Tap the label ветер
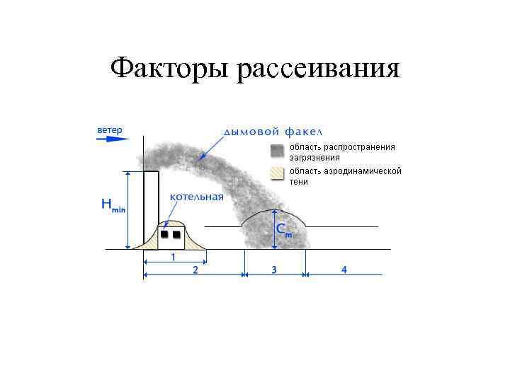pos(110,130)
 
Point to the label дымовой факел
pos(273,132)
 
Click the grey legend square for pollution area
pos(276,151)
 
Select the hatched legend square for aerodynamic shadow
pos(276,172)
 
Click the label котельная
pos(196,196)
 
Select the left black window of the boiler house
pos(164,233)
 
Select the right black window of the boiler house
pos(177,233)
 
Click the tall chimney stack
pos(151,205)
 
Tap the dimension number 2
pos(195,270)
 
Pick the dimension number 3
pos(273,270)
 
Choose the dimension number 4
pos(344,270)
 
